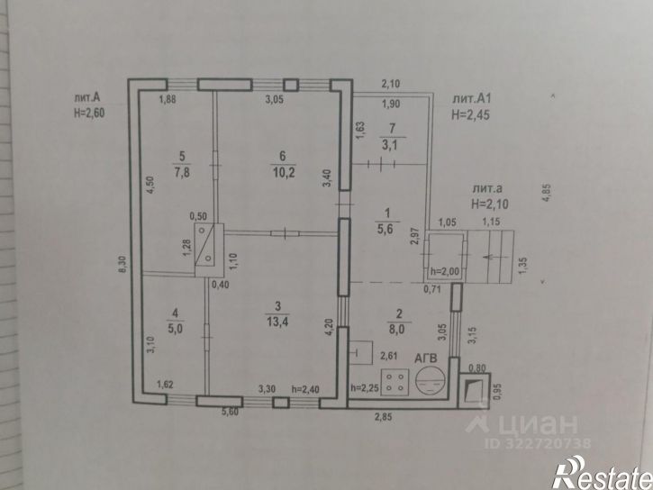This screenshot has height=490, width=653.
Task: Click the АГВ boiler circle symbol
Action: click(431, 381)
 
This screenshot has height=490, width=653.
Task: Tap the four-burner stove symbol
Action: click(395, 382)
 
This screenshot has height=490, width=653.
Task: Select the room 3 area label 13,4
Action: click(277, 322)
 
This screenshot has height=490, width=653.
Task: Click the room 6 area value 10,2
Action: click(284, 172)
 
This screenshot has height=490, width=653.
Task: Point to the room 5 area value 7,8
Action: click(182, 172)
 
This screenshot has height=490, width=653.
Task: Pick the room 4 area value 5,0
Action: click(175, 328)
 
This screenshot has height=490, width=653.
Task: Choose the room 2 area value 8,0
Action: click(398, 330)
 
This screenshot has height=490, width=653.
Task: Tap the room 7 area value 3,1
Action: click(390, 145)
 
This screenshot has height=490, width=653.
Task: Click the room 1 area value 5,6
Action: click(385, 229)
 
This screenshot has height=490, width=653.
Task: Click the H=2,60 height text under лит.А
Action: click(89, 113)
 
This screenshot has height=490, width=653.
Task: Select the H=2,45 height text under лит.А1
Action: click(470, 114)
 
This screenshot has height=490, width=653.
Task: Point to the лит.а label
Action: click(487, 188)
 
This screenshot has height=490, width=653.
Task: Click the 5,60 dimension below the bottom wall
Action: click(230, 413)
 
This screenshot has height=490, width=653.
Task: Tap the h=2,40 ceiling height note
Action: click(305, 390)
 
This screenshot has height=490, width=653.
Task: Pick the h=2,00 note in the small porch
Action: click(445, 272)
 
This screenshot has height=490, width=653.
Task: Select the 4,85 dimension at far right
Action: click(547, 193)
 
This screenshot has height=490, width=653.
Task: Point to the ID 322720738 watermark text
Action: click(538, 443)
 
